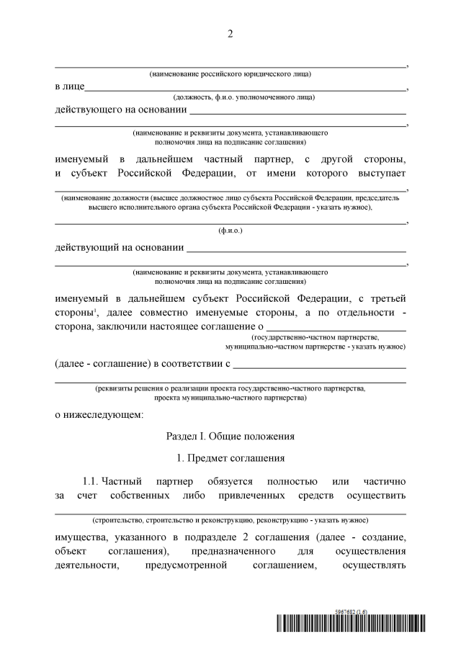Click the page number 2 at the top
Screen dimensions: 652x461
point(230,35)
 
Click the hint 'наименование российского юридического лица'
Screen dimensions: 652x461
point(230,74)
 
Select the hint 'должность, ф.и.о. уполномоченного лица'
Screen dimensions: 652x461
point(244,97)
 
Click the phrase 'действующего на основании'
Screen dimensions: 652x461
point(120,110)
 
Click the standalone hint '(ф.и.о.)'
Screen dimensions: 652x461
point(230,231)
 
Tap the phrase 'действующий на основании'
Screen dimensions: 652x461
point(119,248)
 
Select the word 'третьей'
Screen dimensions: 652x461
point(388,298)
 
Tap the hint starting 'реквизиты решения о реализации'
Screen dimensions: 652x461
point(230,388)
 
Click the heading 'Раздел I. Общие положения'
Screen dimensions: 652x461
point(230,436)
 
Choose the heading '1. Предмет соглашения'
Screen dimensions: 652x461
point(230,458)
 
